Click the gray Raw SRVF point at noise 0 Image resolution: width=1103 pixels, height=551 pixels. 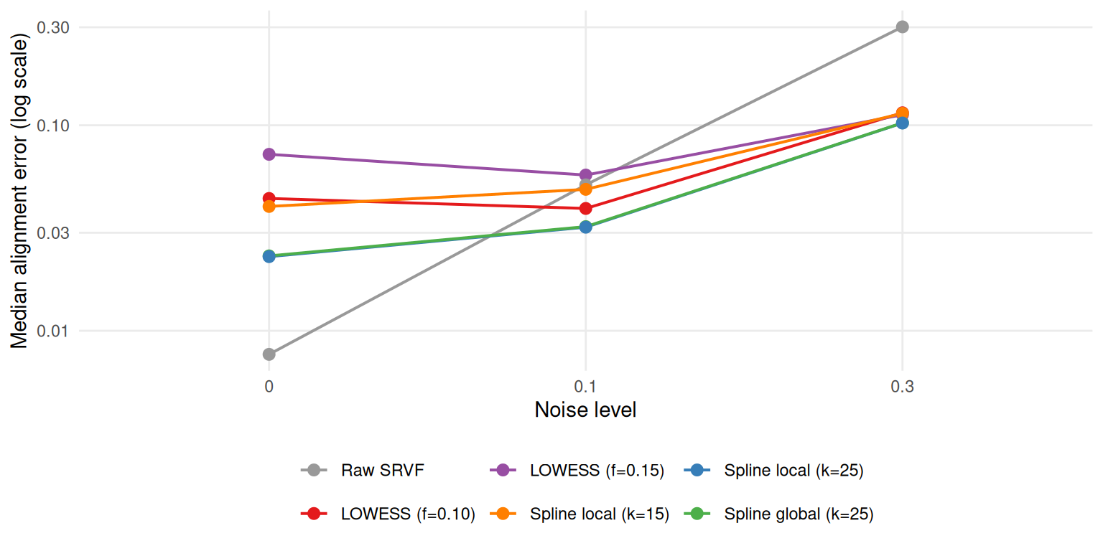click(269, 354)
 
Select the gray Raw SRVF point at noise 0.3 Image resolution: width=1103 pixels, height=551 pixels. click(902, 27)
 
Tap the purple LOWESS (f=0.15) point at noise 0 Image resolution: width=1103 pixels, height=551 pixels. click(269, 154)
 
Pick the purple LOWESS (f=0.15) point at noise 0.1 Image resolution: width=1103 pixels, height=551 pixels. click(585, 175)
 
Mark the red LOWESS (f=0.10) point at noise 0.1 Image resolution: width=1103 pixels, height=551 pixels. click(585, 208)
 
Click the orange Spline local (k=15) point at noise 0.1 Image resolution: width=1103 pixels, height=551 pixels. click(585, 189)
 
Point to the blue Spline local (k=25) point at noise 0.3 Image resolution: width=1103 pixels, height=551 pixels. click(902, 123)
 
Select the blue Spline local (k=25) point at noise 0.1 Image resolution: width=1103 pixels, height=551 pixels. click(585, 227)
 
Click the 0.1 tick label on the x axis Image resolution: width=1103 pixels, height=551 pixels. click(585, 387)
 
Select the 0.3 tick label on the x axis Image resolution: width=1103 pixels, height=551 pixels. click(902, 387)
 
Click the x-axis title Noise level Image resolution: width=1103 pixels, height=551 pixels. click(585, 410)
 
